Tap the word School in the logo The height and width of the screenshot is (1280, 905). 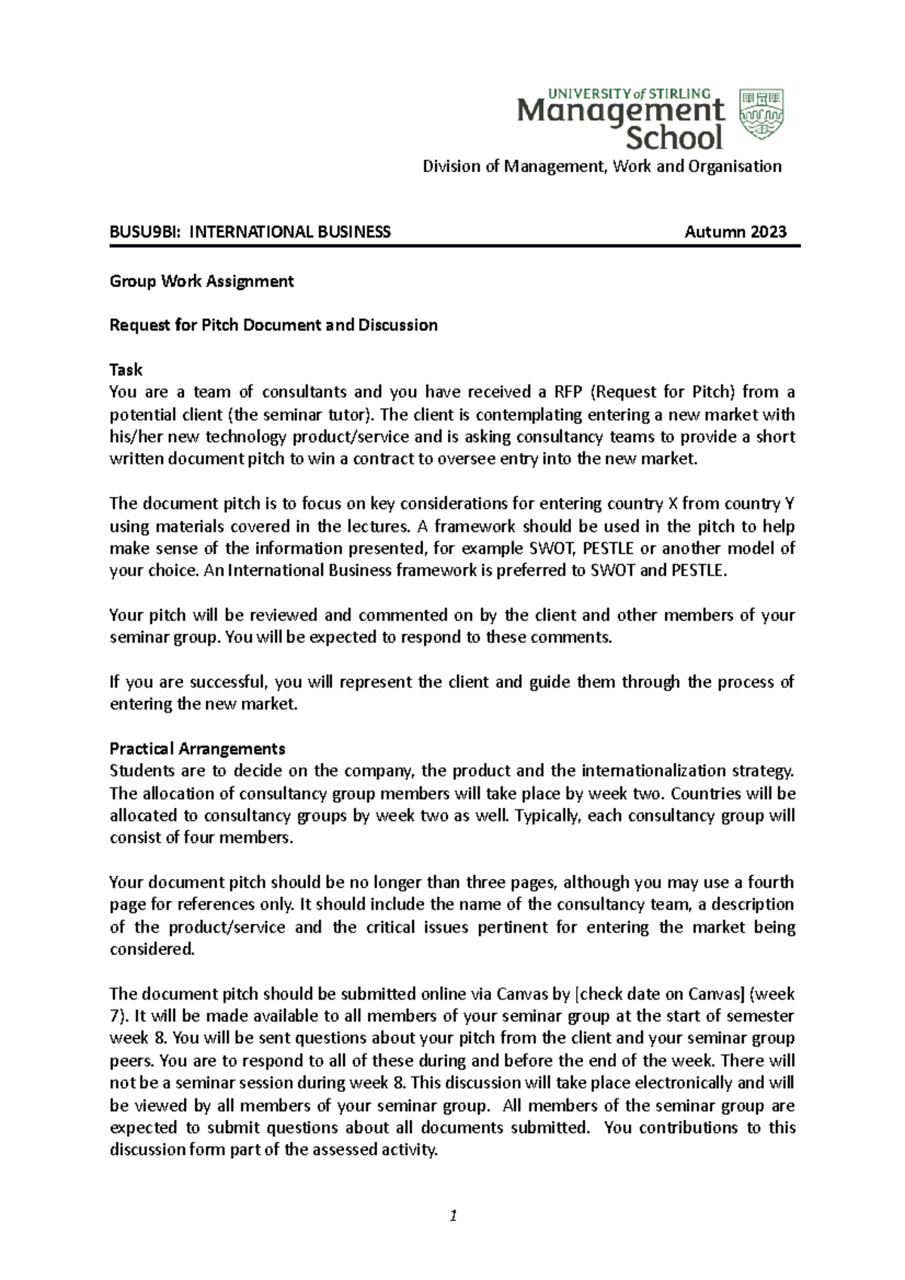click(675, 138)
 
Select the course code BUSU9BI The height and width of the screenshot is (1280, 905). click(143, 231)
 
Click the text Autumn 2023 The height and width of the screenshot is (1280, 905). click(735, 231)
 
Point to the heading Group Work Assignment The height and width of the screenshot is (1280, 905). click(201, 281)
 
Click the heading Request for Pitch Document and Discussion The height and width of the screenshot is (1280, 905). click(273, 325)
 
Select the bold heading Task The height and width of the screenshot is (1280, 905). click(126, 370)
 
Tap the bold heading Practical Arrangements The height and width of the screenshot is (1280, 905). click(197, 749)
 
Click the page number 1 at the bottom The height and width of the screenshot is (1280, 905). click(452, 1215)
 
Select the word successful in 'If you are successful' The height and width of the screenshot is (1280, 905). click(233, 682)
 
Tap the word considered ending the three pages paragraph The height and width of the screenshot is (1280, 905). click(151, 949)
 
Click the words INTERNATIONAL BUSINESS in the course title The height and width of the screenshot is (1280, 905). click(290, 231)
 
